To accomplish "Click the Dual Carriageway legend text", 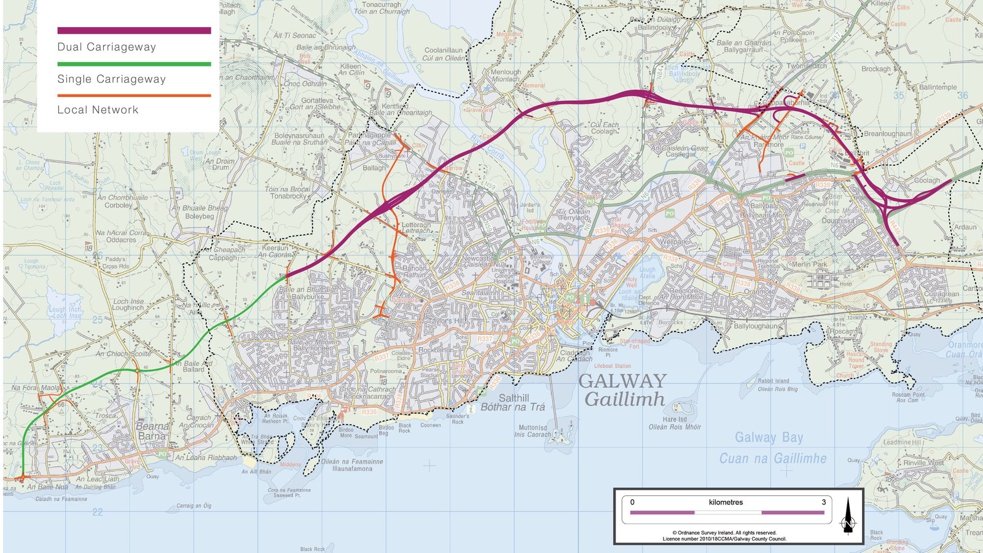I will (106, 47).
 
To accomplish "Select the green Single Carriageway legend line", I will (134, 64).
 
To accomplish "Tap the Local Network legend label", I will (98, 110).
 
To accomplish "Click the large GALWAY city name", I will (622, 381).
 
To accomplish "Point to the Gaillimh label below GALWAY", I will (624, 399).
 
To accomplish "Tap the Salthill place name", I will (514, 398).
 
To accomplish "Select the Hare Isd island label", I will (675, 419).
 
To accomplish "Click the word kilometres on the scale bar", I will (726, 502).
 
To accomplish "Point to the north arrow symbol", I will (848, 516).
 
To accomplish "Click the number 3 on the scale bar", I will (823, 502).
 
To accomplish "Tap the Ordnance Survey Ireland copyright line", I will (724, 533).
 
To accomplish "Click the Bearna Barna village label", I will (152, 431).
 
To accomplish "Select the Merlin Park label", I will (809, 264).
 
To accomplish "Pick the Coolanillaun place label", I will (444, 50).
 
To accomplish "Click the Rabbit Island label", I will (773, 381).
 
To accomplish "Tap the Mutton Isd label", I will (532, 428).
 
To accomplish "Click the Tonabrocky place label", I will (288, 196).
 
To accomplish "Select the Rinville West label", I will (923, 463).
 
